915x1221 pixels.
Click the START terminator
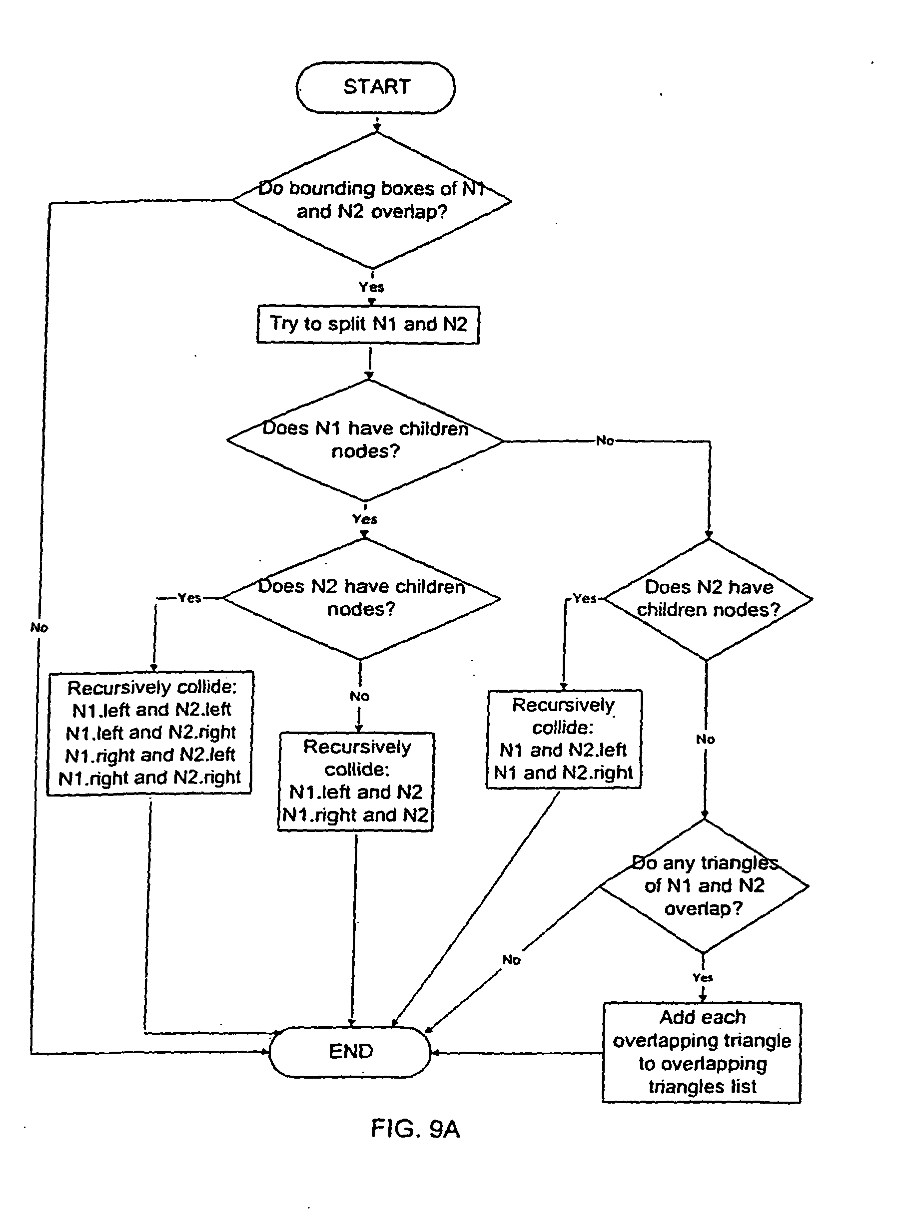click(x=375, y=88)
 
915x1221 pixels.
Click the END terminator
click(x=350, y=1051)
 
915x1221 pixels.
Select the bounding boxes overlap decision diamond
click(x=372, y=200)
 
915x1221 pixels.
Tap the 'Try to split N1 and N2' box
click(x=368, y=325)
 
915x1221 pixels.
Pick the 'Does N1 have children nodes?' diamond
click(x=365, y=440)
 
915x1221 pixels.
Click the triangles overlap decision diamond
click(x=704, y=886)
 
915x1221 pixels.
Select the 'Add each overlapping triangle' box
click(x=702, y=1052)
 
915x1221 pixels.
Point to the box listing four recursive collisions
click(x=150, y=733)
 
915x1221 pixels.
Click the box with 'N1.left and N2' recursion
click(x=356, y=781)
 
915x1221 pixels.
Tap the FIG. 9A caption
click(x=415, y=1128)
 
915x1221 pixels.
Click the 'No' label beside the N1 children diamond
click(x=605, y=440)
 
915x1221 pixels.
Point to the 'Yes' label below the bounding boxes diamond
click(x=371, y=287)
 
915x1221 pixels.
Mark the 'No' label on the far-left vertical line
click(x=39, y=628)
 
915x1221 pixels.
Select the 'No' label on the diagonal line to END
click(x=511, y=960)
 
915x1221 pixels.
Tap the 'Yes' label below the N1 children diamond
click(x=364, y=519)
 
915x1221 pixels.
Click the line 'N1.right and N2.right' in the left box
click(x=149, y=778)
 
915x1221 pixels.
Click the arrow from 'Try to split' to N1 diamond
click(x=369, y=362)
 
